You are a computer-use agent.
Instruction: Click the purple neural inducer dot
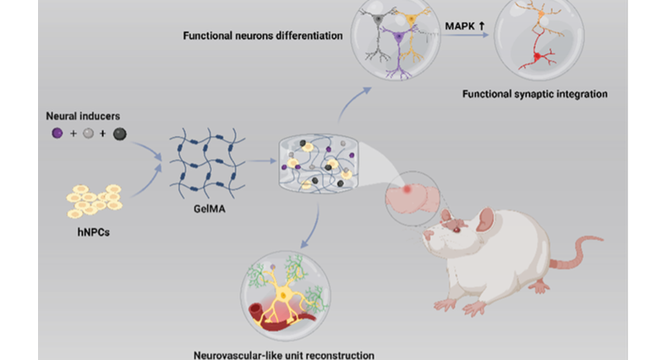click(x=57, y=134)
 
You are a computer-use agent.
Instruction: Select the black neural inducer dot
click(x=119, y=134)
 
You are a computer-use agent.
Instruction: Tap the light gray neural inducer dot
click(x=88, y=134)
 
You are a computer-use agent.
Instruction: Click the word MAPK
click(x=460, y=26)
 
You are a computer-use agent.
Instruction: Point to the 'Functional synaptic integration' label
click(x=534, y=94)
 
